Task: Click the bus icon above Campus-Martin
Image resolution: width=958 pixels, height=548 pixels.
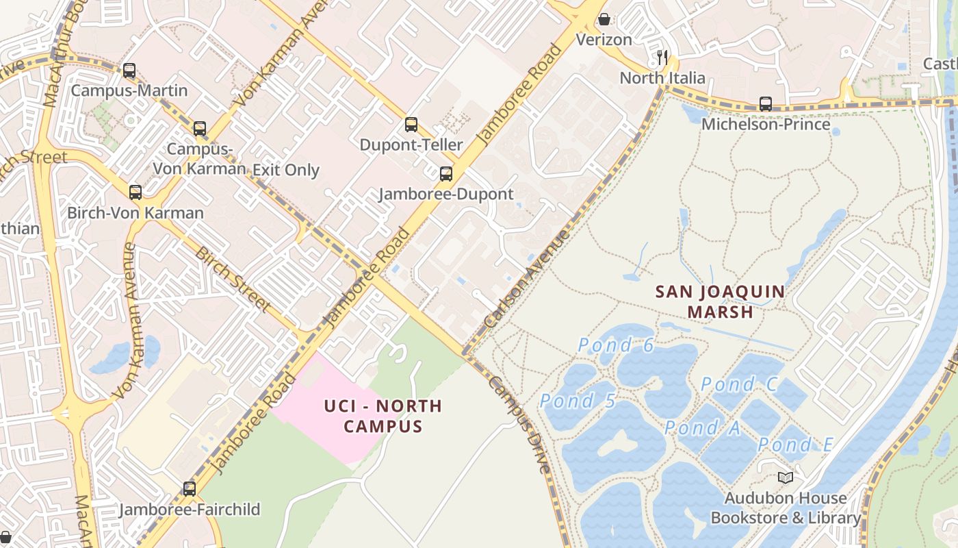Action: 129,71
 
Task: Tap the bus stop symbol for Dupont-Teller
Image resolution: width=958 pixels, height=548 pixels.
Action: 411,125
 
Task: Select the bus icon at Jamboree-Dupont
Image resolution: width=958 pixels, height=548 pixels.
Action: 446,174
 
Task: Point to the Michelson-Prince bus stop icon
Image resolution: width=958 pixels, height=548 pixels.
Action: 766,104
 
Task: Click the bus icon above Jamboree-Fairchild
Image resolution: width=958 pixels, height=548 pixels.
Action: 190,489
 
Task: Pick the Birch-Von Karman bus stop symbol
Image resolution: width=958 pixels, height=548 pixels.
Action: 135,192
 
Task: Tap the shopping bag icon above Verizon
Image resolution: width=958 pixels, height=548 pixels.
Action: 604,19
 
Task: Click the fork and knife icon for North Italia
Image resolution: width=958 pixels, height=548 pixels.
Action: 662,58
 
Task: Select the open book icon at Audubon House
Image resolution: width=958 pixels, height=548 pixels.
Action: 786,477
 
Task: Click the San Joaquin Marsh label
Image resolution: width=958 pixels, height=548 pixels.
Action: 720,301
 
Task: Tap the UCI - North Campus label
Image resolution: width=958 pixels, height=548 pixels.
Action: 383,416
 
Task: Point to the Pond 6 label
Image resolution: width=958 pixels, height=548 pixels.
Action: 616,345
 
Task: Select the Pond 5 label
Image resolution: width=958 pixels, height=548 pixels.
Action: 578,401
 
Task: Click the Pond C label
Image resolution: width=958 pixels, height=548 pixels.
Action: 739,384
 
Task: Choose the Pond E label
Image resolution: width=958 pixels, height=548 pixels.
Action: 795,445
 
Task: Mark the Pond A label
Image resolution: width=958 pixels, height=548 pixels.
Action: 702,428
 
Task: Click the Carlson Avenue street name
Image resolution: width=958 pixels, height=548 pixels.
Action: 526,279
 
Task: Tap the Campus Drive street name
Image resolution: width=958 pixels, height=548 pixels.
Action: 519,425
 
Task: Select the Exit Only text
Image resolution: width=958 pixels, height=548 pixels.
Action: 286,170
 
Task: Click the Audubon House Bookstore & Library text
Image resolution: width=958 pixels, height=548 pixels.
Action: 786,508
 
